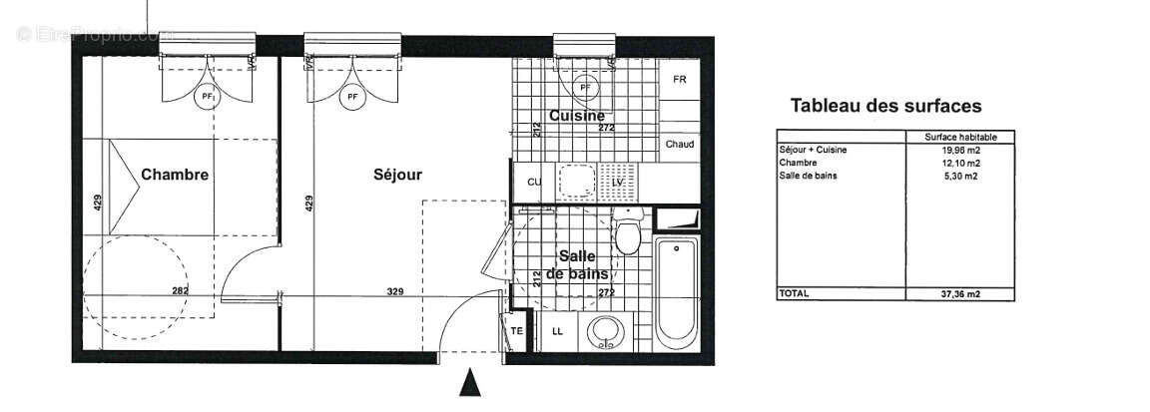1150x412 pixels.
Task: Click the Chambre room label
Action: [175, 175]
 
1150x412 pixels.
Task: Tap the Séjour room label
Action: [397, 175]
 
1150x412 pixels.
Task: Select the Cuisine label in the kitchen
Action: [576, 116]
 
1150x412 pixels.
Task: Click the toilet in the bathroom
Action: [628, 234]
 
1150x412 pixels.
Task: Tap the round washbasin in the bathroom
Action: [603, 331]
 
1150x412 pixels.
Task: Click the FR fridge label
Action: [680, 80]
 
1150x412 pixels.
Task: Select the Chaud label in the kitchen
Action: [680, 145]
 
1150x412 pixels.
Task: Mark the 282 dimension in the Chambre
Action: [180, 291]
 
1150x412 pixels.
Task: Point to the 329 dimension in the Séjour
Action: [396, 291]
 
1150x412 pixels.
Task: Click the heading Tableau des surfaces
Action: [885, 106]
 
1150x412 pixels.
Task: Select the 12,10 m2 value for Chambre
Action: [959, 163]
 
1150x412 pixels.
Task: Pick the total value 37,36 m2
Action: [959, 294]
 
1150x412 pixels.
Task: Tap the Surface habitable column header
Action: [959, 137]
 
